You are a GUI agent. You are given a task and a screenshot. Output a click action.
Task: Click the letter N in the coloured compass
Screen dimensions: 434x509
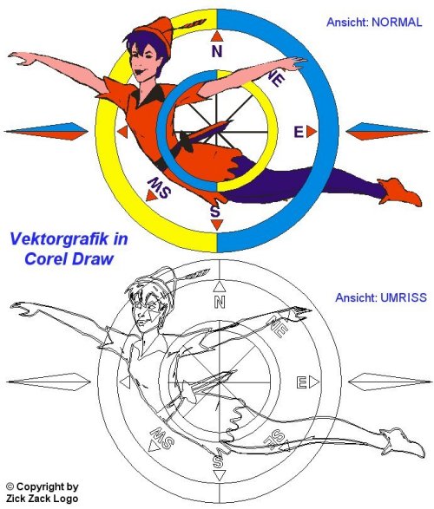[217, 52]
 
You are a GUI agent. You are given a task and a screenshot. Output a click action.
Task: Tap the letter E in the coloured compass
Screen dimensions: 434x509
[299, 132]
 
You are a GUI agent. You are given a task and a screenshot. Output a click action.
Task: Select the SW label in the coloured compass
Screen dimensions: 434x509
[159, 187]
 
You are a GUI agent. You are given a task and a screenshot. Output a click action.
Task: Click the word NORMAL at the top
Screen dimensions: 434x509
[397, 22]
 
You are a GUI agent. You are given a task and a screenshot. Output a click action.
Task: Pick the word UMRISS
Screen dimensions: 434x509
[404, 297]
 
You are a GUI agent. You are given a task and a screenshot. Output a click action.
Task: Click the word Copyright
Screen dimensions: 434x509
[48, 486]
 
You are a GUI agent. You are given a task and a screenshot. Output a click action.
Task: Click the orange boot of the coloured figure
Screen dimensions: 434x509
[400, 193]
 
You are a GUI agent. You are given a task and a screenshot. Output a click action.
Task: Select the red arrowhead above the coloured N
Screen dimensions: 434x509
[217, 36]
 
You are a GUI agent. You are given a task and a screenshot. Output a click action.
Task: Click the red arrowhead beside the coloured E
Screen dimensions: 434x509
[312, 132]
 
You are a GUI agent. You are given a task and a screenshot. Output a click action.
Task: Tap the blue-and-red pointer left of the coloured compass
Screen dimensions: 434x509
[46, 131]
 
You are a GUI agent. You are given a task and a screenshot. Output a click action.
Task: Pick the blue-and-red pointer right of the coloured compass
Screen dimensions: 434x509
[388, 131]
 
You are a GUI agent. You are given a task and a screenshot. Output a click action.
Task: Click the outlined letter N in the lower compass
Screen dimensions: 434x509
[220, 303]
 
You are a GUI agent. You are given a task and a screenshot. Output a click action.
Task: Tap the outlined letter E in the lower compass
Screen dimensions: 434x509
[302, 382]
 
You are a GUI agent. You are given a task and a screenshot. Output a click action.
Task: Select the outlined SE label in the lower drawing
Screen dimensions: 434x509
[274, 438]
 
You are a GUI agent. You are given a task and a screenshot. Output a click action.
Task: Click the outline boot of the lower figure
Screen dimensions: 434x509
[403, 442]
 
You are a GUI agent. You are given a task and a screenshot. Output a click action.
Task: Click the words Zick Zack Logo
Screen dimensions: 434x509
[43, 499]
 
